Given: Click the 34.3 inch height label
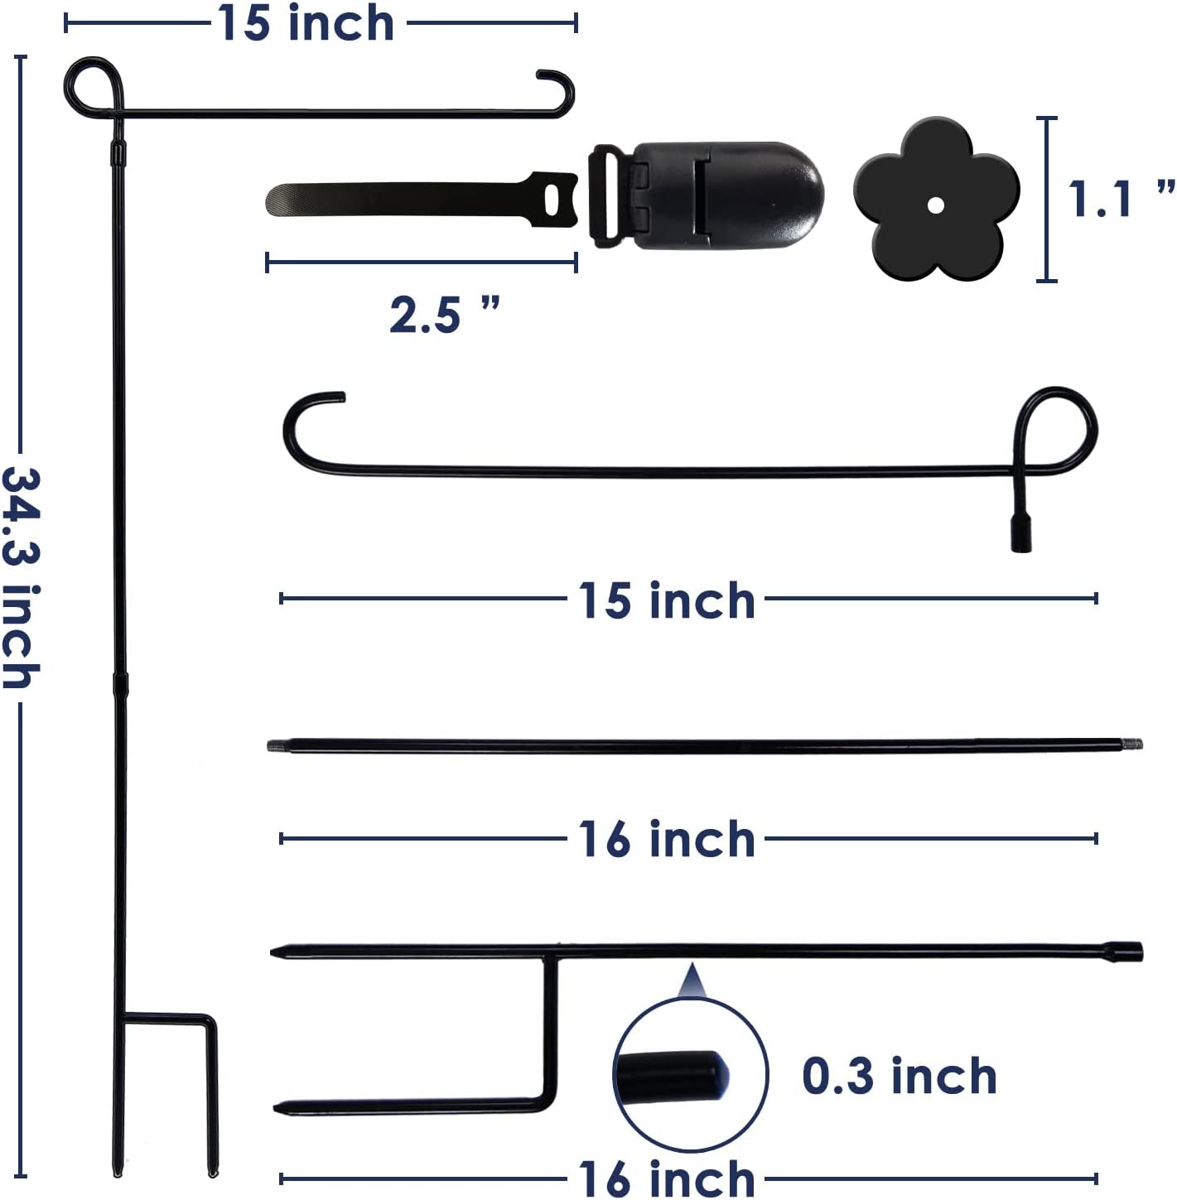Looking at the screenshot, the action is (21, 578).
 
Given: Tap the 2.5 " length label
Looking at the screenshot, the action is (444, 315).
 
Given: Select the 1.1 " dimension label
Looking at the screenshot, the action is (1121, 200).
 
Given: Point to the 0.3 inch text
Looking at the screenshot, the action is (899, 1076).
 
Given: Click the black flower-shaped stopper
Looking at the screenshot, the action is (936, 199).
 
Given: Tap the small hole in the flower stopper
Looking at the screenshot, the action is (935, 205).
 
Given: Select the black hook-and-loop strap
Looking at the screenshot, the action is (422, 200).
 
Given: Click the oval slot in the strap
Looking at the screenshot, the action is (552, 200).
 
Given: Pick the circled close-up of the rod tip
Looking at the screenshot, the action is (690, 1076).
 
